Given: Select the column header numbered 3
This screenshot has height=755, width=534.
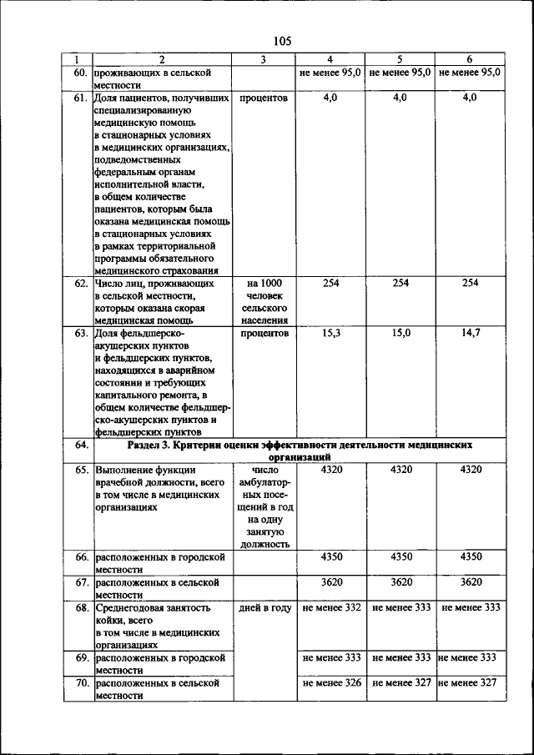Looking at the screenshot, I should coord(263,59).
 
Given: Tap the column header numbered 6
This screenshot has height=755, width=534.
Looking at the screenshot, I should coord(470,59).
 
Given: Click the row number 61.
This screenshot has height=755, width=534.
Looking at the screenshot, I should coord(81,98).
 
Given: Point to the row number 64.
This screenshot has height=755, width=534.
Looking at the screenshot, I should coord(81,445).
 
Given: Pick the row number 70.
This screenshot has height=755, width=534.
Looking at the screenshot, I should coord(81,682).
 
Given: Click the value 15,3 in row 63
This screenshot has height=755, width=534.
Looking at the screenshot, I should coord(331,333).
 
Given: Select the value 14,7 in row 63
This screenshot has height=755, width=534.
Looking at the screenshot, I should coord(470,333).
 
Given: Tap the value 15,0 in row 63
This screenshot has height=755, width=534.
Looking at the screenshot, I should coord(400,333).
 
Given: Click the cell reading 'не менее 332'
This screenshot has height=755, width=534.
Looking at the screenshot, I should coord(331,607).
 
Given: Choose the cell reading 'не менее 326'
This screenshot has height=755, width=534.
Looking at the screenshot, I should coord(331,682).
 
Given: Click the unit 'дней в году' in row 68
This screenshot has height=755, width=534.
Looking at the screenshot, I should coord(263,607).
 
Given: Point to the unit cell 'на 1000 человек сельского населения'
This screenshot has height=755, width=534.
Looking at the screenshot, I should coord(263,301).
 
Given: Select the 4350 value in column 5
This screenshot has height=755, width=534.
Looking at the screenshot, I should coord(400,556).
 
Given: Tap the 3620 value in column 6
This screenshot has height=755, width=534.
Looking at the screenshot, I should coord(470,581).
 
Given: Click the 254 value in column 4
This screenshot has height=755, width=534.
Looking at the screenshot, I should coord(331,283).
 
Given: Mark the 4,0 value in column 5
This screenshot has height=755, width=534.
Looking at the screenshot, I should coord(400,98).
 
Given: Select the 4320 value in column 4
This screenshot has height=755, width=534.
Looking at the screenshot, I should coord(331,470).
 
